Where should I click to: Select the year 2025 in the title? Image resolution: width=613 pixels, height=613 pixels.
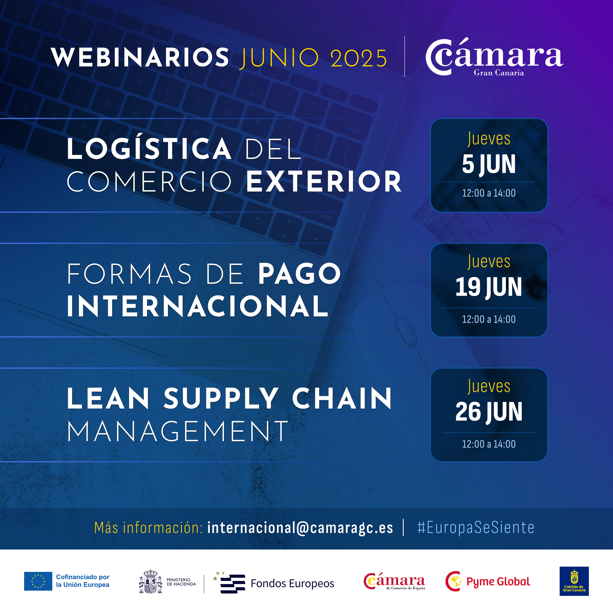358,58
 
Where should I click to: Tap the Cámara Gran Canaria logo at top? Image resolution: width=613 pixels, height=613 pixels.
494,57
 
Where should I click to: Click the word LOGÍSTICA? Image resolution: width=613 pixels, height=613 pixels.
149,148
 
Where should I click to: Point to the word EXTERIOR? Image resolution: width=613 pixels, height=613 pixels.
324,182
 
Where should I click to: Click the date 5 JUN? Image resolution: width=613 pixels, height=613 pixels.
489,164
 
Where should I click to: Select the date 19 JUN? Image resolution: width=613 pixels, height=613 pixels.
489,287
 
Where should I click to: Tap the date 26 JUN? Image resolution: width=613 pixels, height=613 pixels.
489,412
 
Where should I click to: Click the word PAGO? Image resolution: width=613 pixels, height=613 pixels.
299,274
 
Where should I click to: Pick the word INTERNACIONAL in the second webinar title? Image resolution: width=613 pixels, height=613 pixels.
197,306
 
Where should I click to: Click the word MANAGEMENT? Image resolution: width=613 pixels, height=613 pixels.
177,431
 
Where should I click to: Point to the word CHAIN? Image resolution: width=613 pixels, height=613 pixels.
342,398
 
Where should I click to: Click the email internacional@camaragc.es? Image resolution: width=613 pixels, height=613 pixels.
300,528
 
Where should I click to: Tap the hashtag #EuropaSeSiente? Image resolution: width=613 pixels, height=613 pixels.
476,527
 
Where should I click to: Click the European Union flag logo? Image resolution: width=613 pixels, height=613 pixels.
38,581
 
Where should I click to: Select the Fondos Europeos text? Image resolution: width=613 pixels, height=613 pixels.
292,583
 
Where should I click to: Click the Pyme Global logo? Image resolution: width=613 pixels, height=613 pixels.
488,581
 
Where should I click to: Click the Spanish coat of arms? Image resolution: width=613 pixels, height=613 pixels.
151,581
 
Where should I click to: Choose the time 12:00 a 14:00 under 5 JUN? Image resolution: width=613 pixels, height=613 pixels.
489,193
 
